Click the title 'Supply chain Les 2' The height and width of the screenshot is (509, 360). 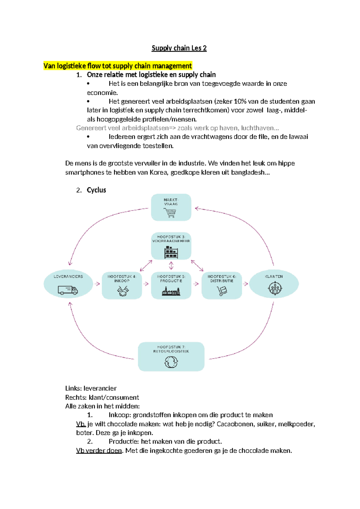coord(179,48)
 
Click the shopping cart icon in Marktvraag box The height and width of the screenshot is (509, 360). coord(170,212)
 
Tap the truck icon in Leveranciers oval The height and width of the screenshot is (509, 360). coord(68,290)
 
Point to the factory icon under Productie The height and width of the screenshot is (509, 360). coord(171,291)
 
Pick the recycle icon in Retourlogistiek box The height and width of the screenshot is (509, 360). coord(171,362)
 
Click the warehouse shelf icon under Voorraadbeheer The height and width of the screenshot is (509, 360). coord(171,252)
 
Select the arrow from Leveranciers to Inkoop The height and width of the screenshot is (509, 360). coord(97,284)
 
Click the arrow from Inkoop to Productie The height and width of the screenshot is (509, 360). coord(146,284)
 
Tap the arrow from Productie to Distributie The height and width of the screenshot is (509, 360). coord(196,284)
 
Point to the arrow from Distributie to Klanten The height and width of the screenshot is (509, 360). coord(245,284)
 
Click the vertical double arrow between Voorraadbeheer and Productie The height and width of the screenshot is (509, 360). coord(171,265)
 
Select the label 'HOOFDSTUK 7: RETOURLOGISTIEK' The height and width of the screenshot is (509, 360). coord(171,349)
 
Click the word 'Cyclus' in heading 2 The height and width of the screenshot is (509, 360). coord(96,190)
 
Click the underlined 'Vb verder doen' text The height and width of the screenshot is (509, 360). coord(99,450)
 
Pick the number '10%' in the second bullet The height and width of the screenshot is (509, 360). coord(240,101)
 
